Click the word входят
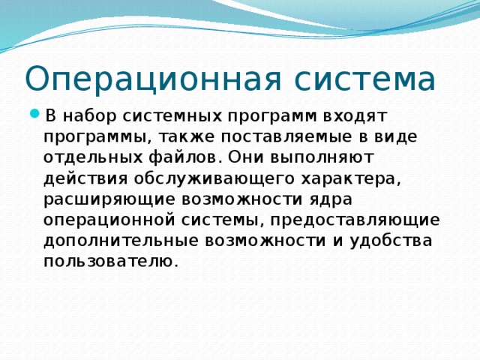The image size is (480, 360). [x=354, y=116]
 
